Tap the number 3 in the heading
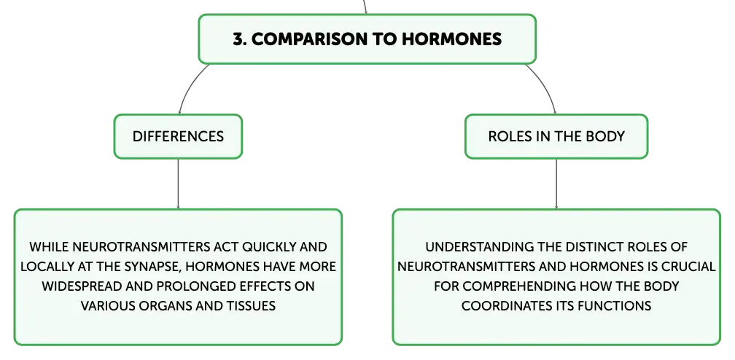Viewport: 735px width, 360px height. coord(238,39)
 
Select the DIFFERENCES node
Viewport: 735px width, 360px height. coord(178,136)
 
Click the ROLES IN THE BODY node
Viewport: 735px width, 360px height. coord(556,136)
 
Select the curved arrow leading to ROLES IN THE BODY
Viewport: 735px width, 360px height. coord(547,87)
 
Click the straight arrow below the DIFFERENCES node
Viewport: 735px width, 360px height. coord(178,184)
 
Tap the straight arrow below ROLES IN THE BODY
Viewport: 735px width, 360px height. coord(556,184)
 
